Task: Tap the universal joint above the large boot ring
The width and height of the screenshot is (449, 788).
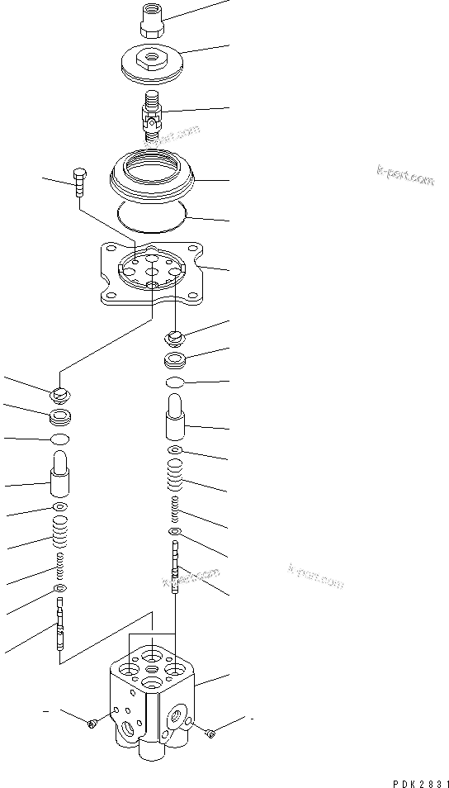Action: [x=153, y=116]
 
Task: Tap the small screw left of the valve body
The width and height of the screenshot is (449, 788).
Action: [x=92, y=724]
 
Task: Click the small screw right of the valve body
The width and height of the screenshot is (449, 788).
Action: [x=213, y=732]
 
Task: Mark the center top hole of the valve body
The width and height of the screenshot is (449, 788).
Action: [x=152, y=657]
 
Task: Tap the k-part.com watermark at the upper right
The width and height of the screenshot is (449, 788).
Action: [x=405, y=175]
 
